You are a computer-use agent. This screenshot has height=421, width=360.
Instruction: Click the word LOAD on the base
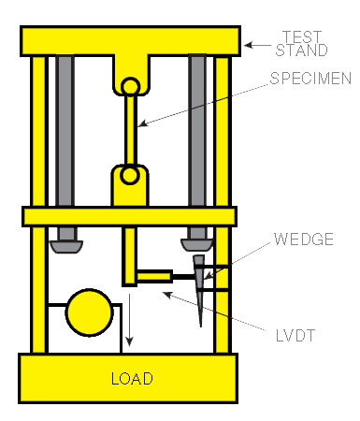pos(132,379)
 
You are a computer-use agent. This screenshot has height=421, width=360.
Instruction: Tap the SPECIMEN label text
pos(310,79)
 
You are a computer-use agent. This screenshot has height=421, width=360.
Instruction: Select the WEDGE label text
pos(304,240)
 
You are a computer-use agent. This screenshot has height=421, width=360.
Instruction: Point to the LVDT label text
pos(295,336)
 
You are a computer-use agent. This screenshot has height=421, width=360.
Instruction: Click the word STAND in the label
pos(301,51)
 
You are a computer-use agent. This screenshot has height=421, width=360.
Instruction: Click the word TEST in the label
pos(302,36)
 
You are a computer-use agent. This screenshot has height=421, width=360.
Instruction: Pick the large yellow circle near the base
pos(89,312)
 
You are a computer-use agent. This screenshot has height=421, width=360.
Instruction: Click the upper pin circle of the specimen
pos(130,87)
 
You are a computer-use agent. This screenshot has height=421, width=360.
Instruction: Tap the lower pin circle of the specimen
pos(130,175)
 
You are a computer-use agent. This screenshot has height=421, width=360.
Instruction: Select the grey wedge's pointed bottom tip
pos(201,327)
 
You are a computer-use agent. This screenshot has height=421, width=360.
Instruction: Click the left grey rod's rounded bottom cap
pos(66,247)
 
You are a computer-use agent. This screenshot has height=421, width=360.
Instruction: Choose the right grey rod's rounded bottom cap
pos(197,245)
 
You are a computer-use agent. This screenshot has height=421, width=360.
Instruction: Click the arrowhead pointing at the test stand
pos(249,45)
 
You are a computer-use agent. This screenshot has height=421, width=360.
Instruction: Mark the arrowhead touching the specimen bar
pos(142,124)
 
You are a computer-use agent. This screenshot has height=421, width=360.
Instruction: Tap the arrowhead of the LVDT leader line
pos(167,295)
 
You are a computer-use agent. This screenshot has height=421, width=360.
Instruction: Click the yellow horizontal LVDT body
pos(154,276)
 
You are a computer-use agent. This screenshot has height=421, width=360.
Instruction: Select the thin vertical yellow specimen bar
pos(130,131)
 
